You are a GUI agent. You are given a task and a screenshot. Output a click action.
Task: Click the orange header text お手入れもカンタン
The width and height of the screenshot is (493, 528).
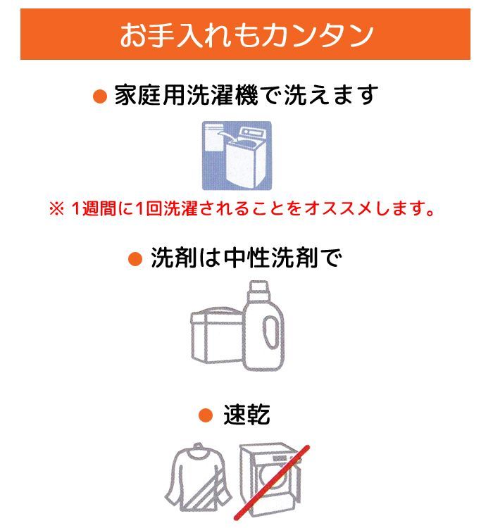[246, 34]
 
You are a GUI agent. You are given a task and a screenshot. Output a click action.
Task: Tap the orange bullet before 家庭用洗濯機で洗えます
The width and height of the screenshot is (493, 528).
[100, 96]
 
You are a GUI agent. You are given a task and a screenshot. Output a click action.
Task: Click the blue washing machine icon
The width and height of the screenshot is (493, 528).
[237, 156]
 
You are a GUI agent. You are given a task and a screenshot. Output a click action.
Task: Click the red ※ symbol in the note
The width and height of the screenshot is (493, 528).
[56, 209]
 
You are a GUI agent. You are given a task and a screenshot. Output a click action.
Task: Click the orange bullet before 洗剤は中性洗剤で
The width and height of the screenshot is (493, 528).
[135, 259]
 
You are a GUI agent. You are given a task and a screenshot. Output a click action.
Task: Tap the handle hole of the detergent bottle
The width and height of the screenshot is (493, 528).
[270, 332]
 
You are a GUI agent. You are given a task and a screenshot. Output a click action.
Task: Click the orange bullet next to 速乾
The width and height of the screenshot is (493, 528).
[205, 415]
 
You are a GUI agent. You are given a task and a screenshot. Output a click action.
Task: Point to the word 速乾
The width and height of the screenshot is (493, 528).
[246, 414]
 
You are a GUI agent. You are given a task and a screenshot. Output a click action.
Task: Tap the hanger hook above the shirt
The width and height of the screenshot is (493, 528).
[199, 447]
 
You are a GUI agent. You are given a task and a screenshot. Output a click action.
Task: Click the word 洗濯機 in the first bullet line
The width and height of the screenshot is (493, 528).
[223, 95]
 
